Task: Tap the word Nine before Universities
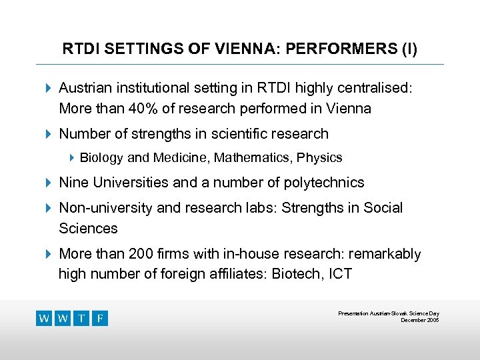[x=73, y=182]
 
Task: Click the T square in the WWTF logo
[x=81, y=318]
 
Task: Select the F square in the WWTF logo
[x=99, y=318]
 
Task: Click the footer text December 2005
[x=419, y=320]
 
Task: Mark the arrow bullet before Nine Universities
[x=47, y=182]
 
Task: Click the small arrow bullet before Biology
[x=73, y=158]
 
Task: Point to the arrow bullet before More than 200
[x=47, y=254]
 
